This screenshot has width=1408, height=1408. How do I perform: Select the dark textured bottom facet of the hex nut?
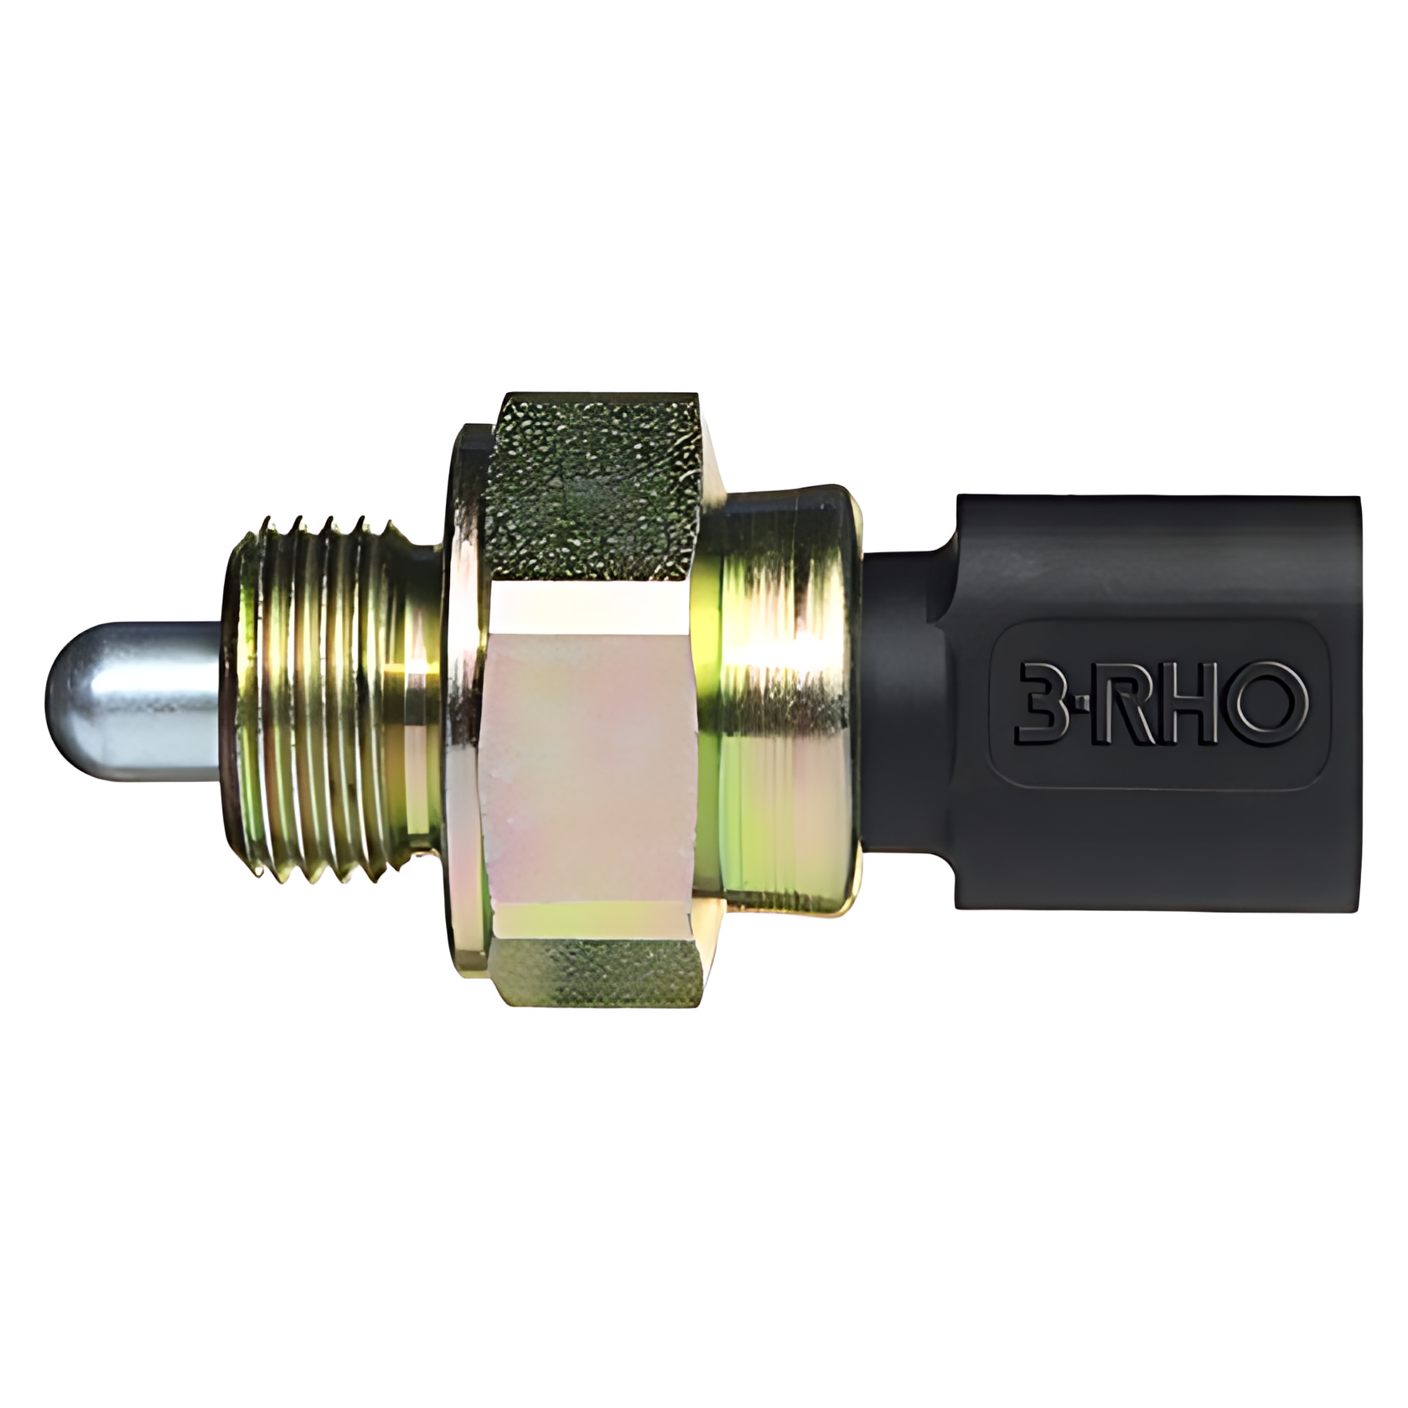599,972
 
